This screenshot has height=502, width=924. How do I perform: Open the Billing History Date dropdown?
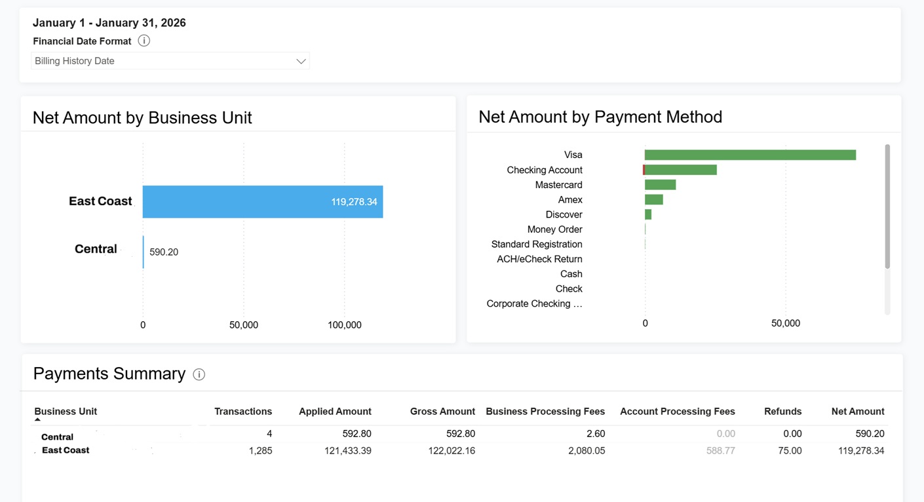point(170,61)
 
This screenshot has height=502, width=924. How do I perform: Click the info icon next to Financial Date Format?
point(144,41)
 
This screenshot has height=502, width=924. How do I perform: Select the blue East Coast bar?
point(262,202)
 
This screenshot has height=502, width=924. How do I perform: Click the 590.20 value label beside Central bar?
point(164,252)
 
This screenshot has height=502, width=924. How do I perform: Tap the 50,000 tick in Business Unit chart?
point(244,325)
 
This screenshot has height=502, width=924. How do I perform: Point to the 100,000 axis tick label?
point(344,325)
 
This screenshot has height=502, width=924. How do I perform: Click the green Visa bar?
point(750,155)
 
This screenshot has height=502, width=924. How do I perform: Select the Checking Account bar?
point(682,170)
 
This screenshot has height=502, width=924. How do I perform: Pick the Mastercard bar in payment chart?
point(660,185)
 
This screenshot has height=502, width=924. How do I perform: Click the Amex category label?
point(570,200)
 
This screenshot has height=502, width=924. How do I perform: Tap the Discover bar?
point(648,215)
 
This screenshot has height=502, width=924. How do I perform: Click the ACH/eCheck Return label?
point(539,260)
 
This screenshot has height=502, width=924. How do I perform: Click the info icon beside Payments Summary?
point(199,374)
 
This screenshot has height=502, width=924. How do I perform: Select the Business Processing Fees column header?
point(545,412)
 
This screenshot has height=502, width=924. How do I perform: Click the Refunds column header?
point(782,412)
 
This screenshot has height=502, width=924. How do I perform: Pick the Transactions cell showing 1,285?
point(260,451)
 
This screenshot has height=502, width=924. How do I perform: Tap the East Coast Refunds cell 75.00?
point(789,451)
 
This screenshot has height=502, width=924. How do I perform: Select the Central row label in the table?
point(57,437)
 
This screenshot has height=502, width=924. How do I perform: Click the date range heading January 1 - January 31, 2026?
point(109,23)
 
